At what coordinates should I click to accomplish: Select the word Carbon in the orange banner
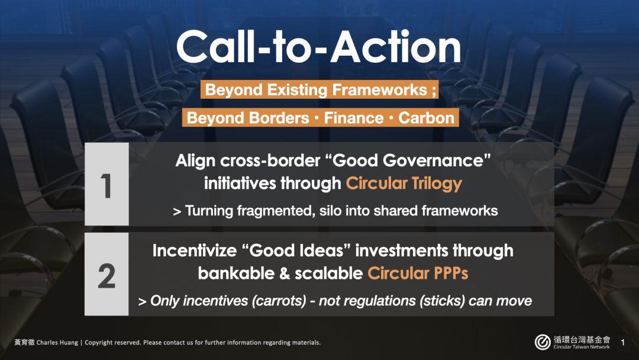point(426,118)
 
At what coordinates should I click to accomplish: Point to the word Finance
point(354,118)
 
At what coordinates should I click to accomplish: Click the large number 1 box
point(106,184)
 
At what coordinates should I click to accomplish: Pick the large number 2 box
point(106,274)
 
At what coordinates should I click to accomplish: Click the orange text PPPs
point(451,273)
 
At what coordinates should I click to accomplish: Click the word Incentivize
point(195,250)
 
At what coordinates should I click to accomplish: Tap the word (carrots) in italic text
point(279,301)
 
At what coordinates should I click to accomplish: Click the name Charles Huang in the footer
point(57,342)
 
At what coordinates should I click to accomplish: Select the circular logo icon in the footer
point(543,342)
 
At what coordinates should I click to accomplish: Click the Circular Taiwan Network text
point(582,347)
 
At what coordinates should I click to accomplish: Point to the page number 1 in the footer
point(622,342)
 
